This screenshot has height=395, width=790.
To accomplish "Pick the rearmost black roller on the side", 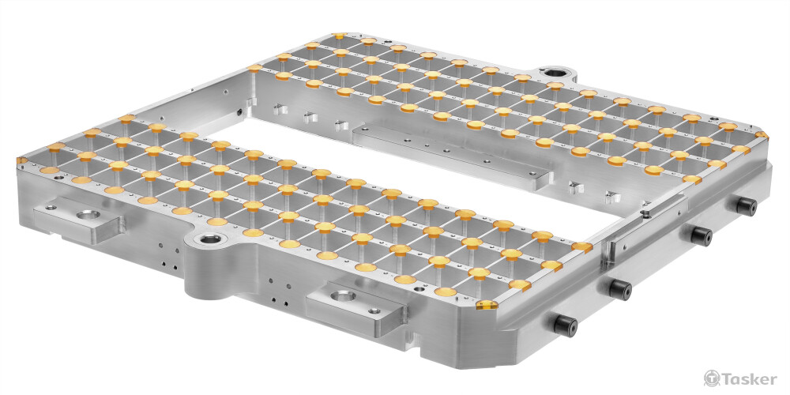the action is click(747, 206).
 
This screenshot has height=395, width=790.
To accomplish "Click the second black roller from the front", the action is click(620, 289).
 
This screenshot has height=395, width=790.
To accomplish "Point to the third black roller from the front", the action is click(701, 235).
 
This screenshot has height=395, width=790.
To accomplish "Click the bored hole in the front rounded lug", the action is click(207, 239).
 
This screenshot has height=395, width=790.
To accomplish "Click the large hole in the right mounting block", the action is click(344, 295).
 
